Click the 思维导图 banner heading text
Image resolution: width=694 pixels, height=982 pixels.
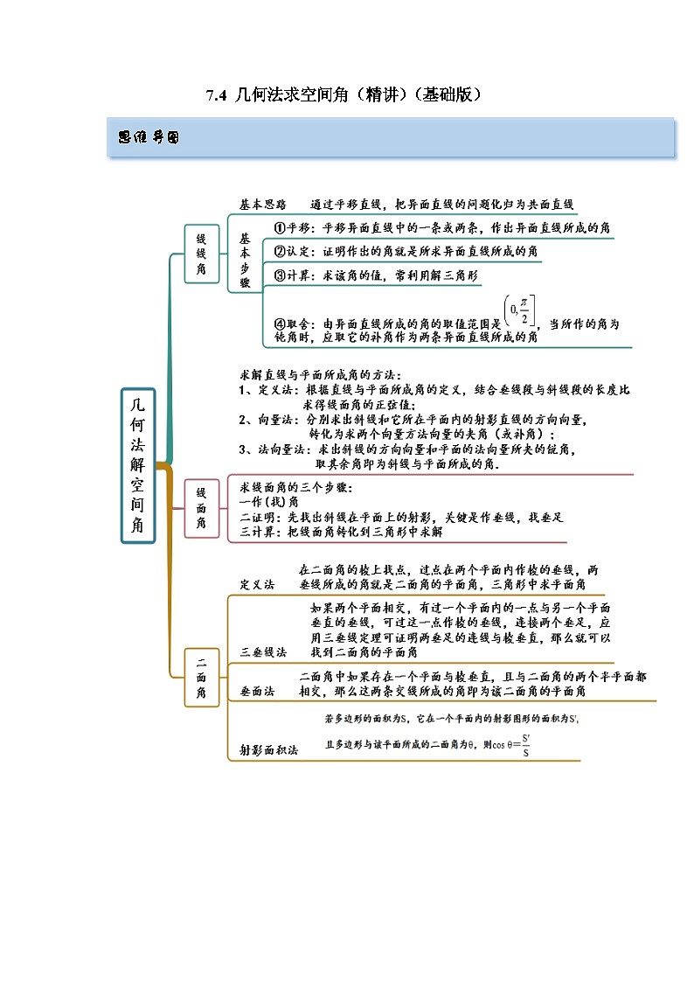coord(148,138)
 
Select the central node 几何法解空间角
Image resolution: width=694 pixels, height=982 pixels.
coord(138,465)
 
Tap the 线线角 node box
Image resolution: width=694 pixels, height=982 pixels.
coord(201,254)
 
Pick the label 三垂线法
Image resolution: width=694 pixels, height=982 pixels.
coord(263,651)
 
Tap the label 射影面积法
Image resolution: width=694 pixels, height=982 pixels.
coord(269,749)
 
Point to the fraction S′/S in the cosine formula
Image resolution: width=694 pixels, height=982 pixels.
coord(525,745)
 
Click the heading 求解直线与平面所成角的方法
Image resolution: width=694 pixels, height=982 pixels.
coord(321,374)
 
